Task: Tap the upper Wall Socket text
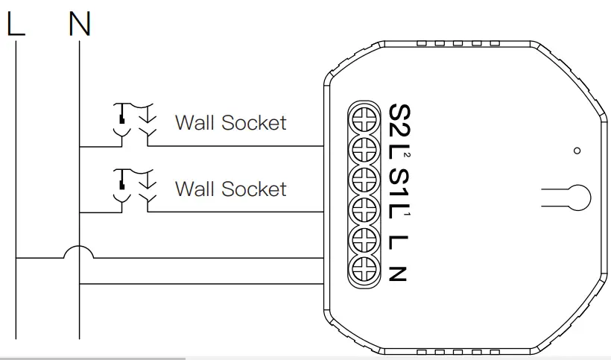[x=230, y=122]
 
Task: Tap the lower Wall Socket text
[x=230, y=189]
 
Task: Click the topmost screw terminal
[x=366, y=118]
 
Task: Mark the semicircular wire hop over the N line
[x=79, y=252]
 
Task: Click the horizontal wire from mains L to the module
[x=209, y=259]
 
